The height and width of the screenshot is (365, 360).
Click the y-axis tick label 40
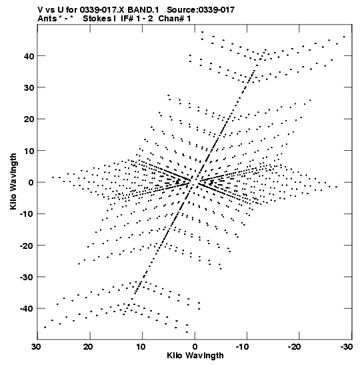[x=29, y=56]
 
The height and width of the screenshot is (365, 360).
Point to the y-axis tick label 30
[x=29, y=87]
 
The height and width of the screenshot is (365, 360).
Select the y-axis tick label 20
[x=29, y=119]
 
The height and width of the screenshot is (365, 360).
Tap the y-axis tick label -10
[x=27, y=214]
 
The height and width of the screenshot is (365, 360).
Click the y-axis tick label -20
[x=27, y=246]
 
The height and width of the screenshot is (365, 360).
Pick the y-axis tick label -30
[x=27, y=277]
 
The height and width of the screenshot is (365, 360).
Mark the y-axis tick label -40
[x=27, y=309]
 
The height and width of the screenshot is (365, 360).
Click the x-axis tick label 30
[x=36, y=346]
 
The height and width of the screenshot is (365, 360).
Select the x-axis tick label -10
[x=243, y=346]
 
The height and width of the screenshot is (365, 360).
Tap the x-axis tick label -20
[x=295, y=346]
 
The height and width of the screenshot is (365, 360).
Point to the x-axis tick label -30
[x=347, y=346]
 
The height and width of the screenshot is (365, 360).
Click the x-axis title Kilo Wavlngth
[x=195, y=356]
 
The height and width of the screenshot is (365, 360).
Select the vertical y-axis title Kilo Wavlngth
[x=13, y=181]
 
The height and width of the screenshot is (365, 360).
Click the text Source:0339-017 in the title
[x=201, y=10]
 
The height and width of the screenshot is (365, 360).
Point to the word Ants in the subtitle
[x=47, y=19]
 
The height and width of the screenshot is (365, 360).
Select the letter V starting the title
[x=40, y=10]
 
